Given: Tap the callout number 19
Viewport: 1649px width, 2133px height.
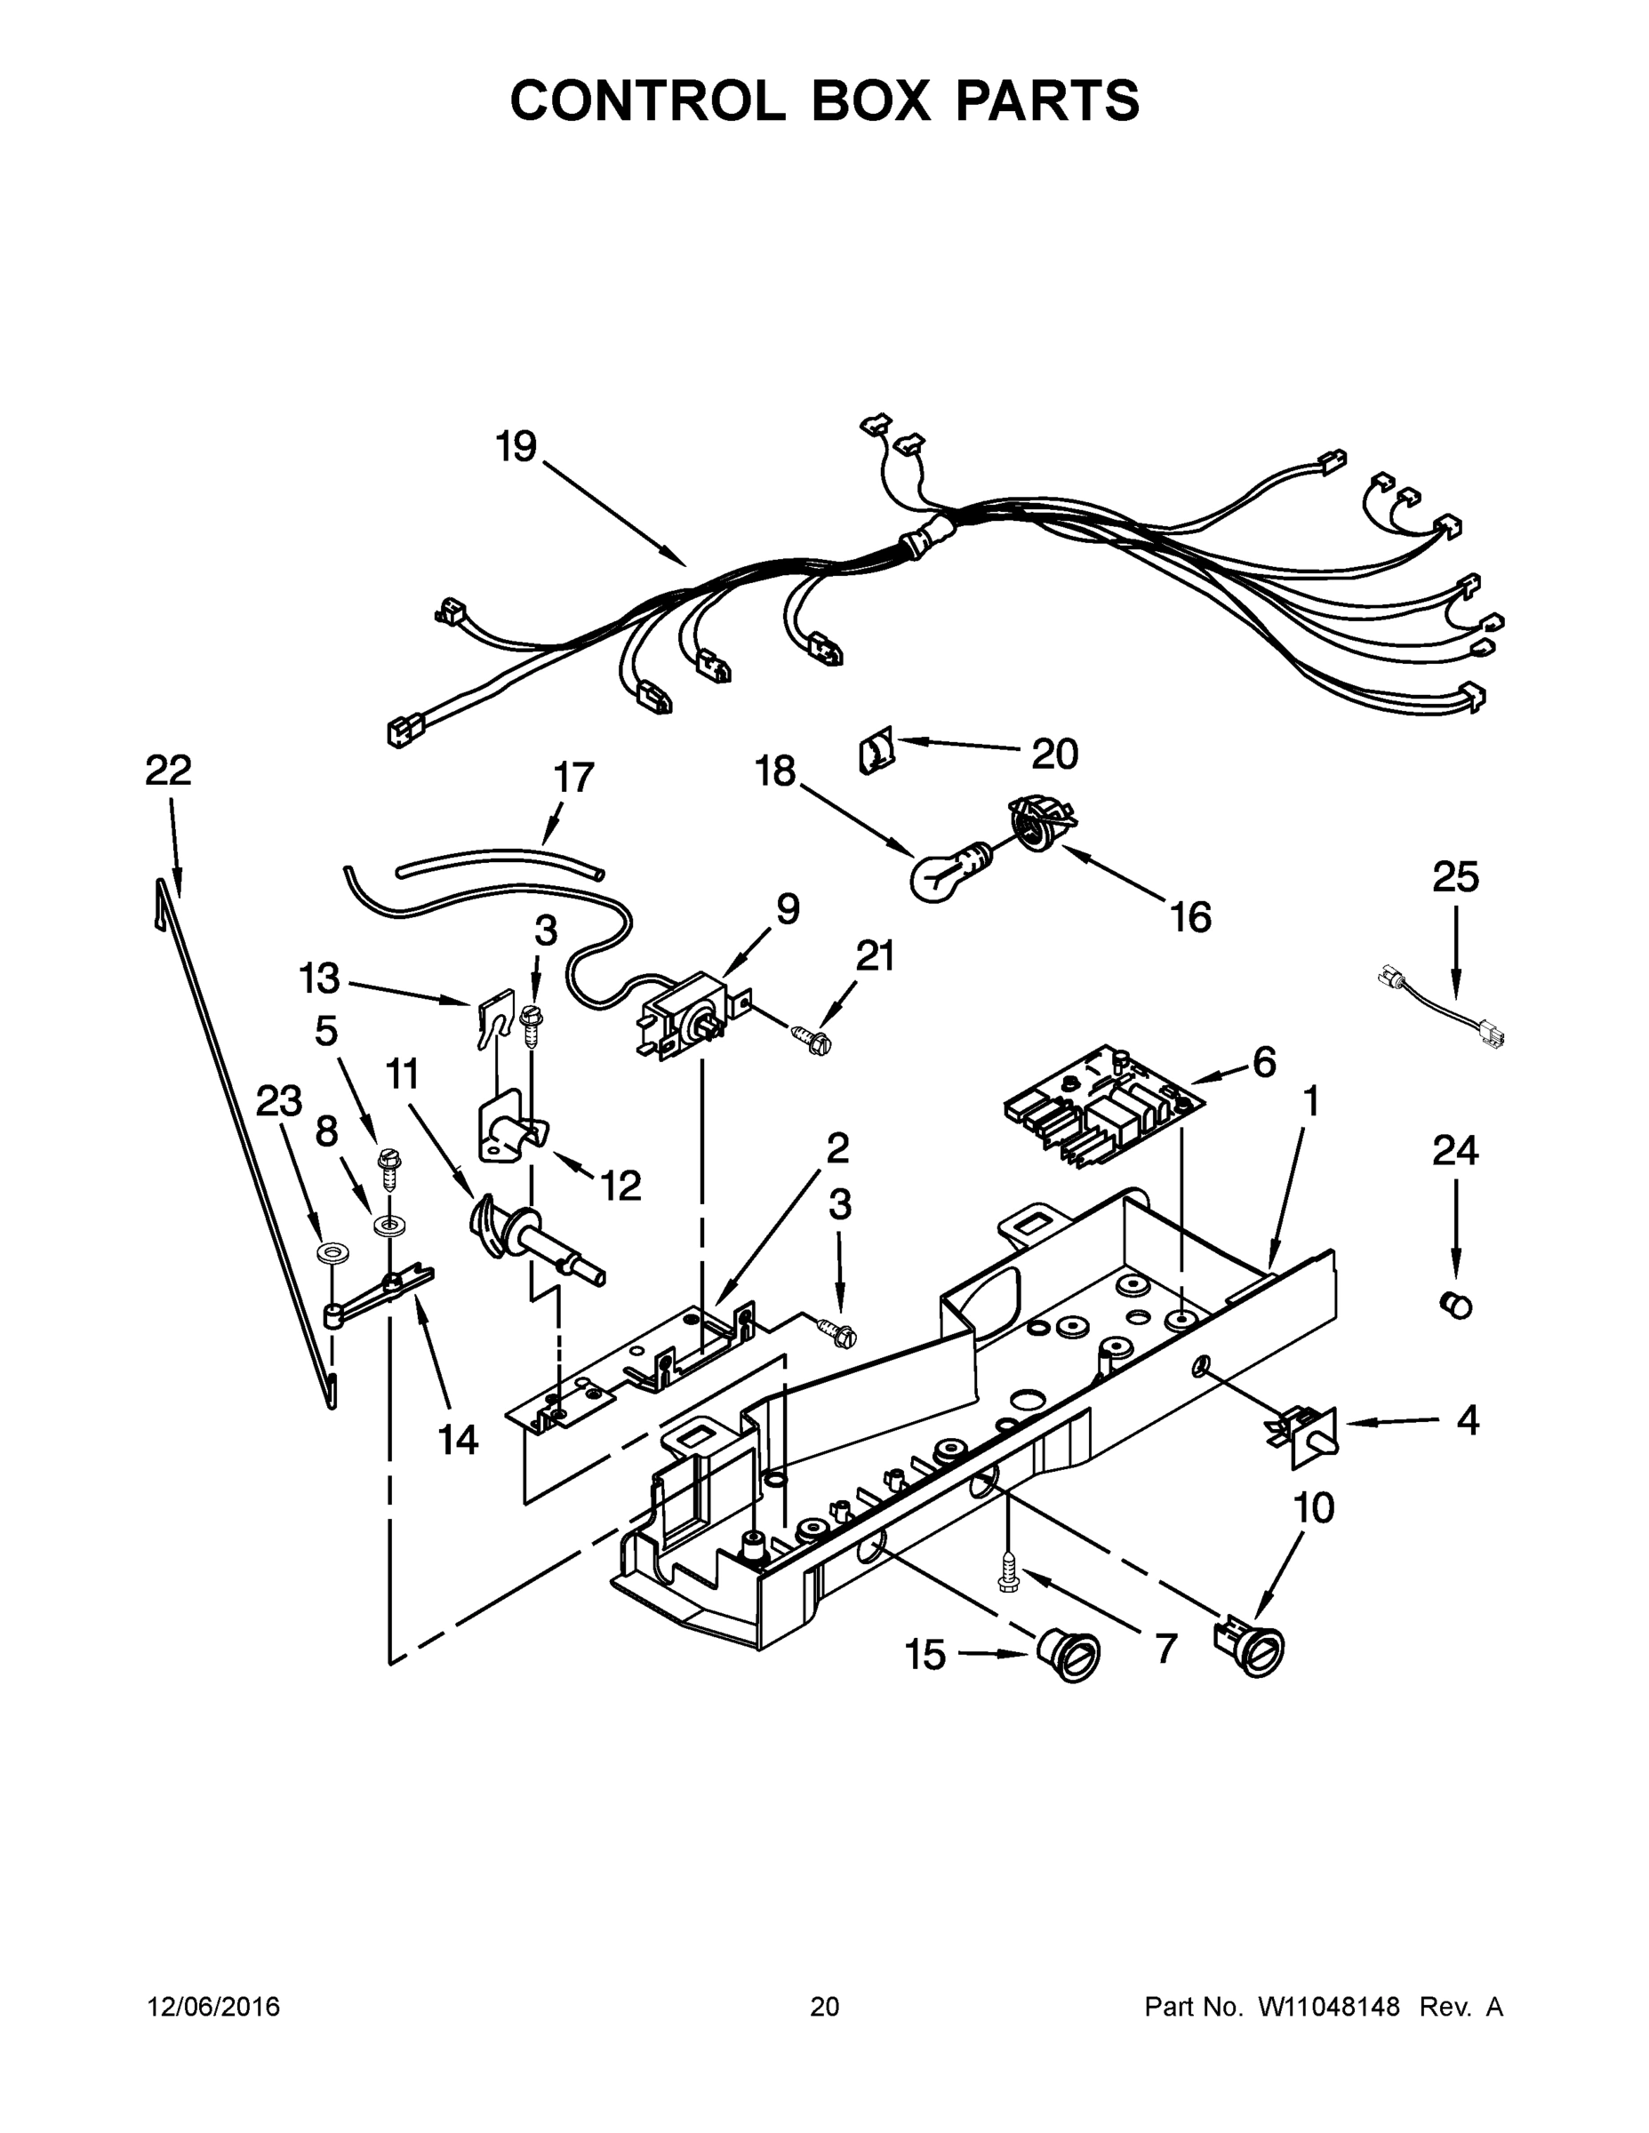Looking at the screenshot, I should point(516,446).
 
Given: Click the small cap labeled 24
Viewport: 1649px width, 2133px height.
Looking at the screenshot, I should point(1455,1304).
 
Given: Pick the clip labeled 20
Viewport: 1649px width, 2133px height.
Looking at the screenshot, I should point(876,754).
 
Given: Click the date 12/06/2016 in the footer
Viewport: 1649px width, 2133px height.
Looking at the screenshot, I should point(214,2007).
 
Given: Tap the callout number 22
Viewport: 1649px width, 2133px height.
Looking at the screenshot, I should point(168,771).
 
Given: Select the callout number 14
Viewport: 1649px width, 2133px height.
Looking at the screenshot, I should point(457,1439).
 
